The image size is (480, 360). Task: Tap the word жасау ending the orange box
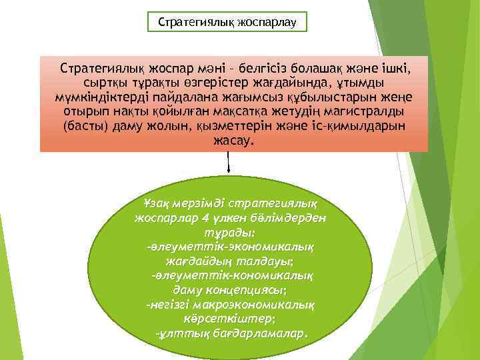(233, 142)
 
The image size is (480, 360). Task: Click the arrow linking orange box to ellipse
(229, 163)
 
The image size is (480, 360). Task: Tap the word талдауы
(257, 262)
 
